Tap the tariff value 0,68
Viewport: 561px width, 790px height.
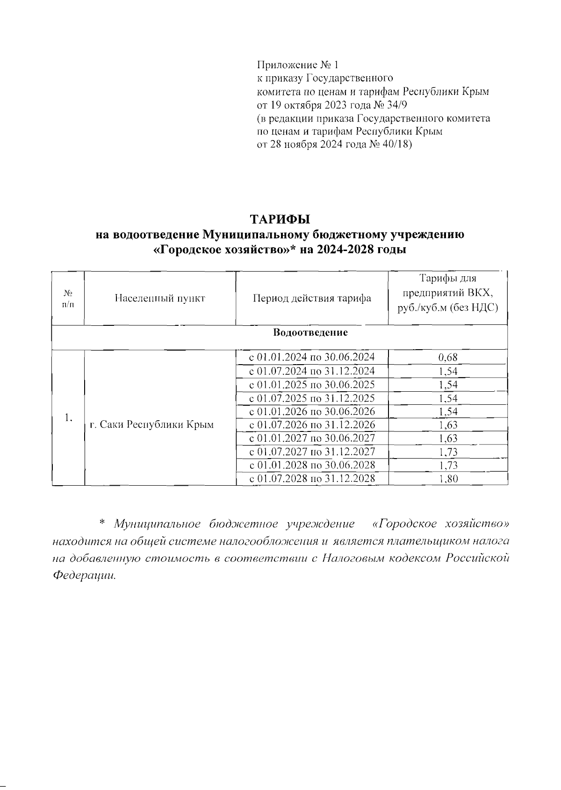(x=447, y=358)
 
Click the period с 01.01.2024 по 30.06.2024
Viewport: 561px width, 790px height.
(x=312, y=358)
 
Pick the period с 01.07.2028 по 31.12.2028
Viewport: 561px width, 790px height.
(x=312, y=479)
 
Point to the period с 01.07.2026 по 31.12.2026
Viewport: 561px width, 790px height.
(x=312, y=425)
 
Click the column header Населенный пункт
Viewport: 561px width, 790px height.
(x=160, y=298)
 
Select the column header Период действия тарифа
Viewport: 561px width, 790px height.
(x=312, y=298)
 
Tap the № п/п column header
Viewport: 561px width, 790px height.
(x=68, y=298)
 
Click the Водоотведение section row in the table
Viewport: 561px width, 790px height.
(x=310, y=333)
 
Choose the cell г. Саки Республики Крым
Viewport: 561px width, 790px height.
(x=151, y=424)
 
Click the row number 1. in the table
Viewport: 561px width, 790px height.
(x=68, y=417)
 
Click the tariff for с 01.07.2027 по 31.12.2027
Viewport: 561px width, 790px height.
(x=447, y=452)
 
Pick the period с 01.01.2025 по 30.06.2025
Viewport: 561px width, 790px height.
(x=312, y=385)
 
